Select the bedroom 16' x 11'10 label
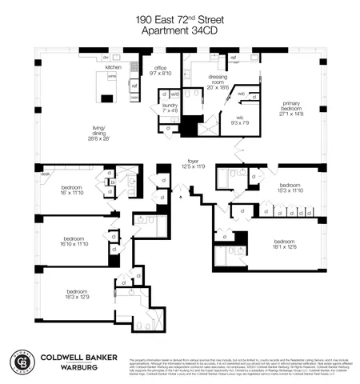[x=66, y=190]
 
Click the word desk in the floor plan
[x=46, y=174]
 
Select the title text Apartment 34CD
[x=179, y=31]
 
